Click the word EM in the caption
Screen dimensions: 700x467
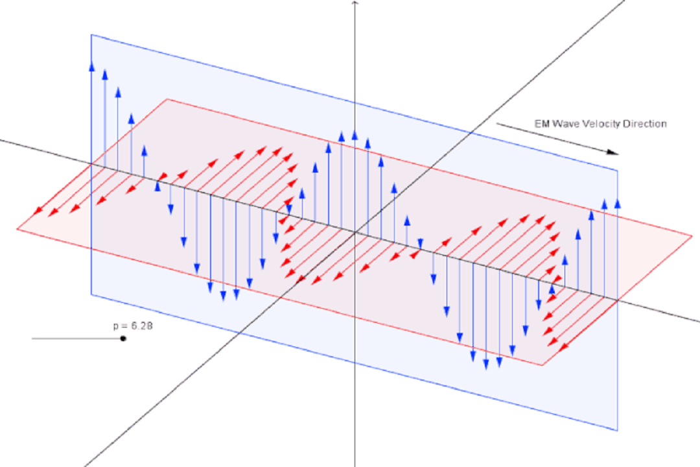542,124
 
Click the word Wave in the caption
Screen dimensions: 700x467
564,124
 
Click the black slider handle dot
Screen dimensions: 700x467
123,339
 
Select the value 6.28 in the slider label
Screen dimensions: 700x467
141,326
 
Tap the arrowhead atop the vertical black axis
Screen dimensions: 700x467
355,2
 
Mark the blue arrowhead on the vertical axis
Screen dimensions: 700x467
355,134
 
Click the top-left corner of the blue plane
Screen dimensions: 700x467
91,34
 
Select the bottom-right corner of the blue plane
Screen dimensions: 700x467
618,431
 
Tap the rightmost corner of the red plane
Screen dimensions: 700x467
692,235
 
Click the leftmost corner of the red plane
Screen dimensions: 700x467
17,229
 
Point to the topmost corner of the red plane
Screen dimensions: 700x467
167,99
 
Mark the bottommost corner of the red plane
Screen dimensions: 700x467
543,365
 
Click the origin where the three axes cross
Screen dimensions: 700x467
355,232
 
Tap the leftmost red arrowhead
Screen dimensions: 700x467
38,210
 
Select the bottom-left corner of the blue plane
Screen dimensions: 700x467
91,295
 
